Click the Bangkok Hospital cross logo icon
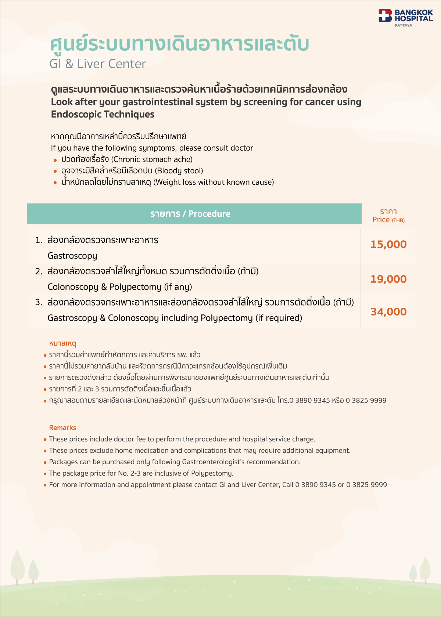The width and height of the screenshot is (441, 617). click(x=385, y=15)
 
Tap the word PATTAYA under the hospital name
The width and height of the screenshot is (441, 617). click(x=404, y=25)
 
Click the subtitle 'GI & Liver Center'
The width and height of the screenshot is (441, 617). click(x=98, y=64)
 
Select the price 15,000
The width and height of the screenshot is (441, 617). click(x=388, y=245)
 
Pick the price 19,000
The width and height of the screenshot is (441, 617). click(x=388, y=279)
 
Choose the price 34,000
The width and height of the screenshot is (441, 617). click(x=388, y=312)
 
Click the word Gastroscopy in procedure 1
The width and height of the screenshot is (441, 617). click(x=72, y=256)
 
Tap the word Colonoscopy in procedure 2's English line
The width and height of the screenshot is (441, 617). click(x=73, y=287)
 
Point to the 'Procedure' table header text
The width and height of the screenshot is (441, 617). click(x=209, y=214)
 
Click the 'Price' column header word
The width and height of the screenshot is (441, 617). click(x=381, y=220)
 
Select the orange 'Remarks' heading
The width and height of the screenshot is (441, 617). click(x=62, y=427)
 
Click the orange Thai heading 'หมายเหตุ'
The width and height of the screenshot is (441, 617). click(x=62, y=343)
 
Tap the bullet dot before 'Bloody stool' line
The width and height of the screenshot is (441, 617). click(x=55, y=171)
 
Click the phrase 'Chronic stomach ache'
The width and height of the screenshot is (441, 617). click(x=152, y=159)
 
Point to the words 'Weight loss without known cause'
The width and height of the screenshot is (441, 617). click(x=214, y=182)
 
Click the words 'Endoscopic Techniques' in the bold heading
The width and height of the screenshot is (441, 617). click(x=103, y=114)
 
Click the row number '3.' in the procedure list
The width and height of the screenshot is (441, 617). click(x=39, y=302)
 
